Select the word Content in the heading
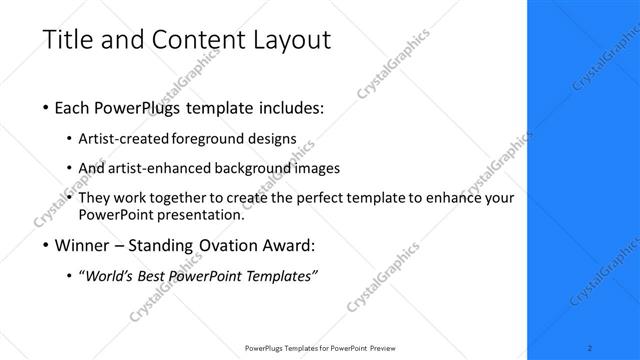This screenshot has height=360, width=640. [x=195, y=41]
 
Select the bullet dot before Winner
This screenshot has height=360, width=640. [x=47, y=245]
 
